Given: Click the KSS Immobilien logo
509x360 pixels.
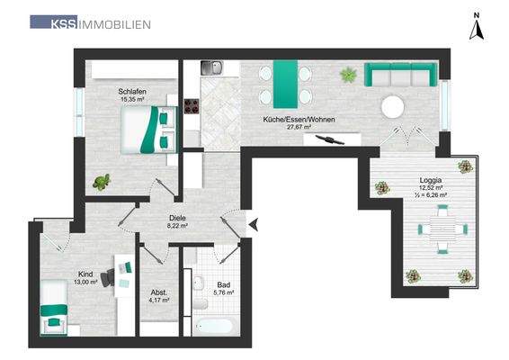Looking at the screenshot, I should pos(91,22).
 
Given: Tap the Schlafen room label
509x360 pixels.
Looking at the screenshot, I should pos(131,91).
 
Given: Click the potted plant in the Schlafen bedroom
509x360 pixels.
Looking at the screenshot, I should pos(102,182).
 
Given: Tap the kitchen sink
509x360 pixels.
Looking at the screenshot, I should pos(212,68).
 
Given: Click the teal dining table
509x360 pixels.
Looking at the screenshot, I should pos(285,83).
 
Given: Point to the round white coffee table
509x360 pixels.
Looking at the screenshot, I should pos(393,107).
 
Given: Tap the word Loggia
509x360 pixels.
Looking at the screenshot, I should pos(429,179).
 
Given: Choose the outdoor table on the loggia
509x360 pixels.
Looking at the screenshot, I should pos(439,229).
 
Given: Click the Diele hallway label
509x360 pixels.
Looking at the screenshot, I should pos(177,218).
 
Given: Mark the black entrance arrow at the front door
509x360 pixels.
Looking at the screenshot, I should pos(253,223).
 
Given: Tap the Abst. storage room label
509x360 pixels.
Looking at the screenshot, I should pos(158,292).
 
